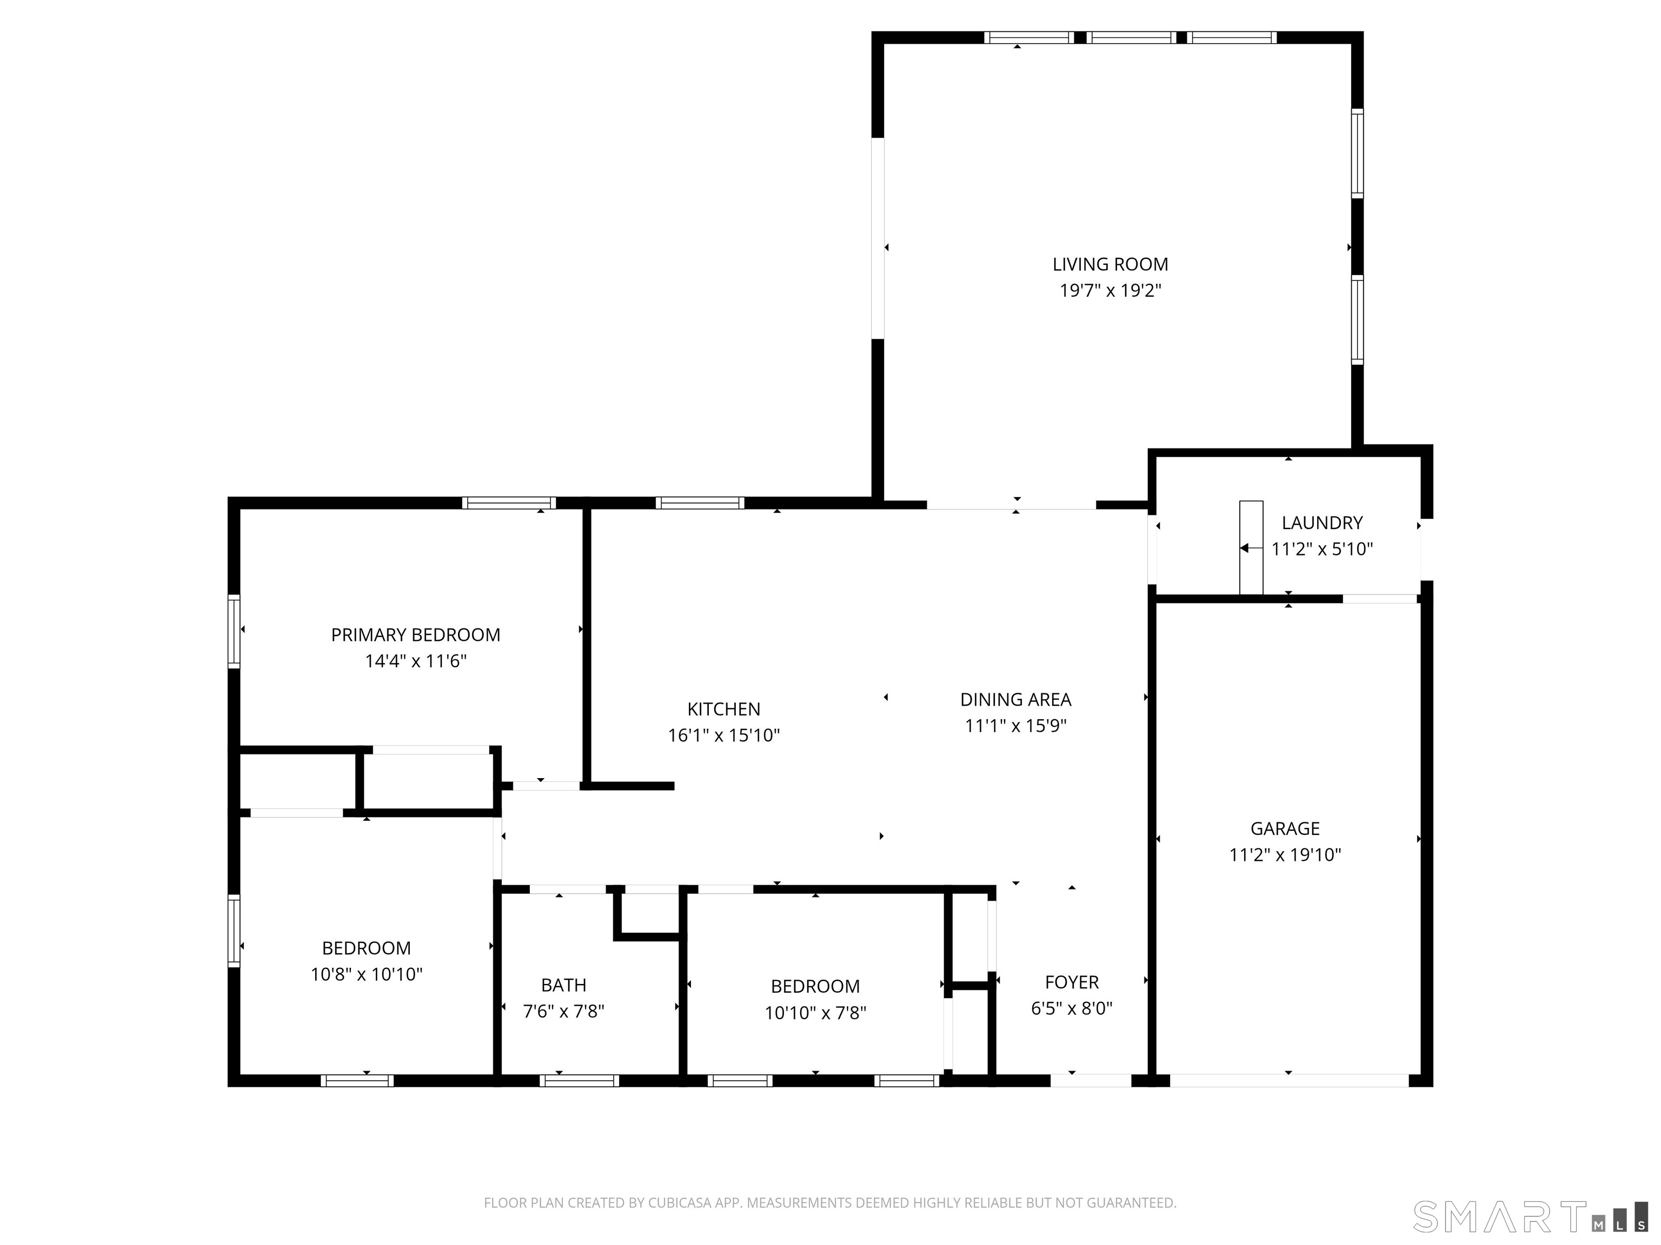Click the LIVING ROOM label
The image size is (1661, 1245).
pyautogui.click(x=1110, y=264)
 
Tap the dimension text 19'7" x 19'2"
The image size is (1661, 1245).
pyautogui.click(x=1110, y=290)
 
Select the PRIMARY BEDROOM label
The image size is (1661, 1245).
pyautogui.click(x=415, y=635)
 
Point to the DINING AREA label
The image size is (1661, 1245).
pyautogui.click(x=1015, y=699)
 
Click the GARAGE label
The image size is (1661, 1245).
pyautogui.click(x=1285, y=828)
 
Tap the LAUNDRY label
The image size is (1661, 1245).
pyautogui.click(x=1321, y=523)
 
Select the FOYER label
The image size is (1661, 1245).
pyautogui.click(x=1072, y=982)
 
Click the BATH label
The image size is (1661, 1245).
pyautogui.click(x=563, y=985)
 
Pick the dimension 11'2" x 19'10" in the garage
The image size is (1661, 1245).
pyautogui.click(x=1285, y=855)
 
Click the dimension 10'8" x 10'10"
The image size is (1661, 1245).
pyautogui.click(x=367, y=974)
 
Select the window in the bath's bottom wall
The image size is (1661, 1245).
pyautogui.click(x=579, y=1081)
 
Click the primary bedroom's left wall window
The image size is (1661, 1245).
pyautogui.click(x=234, y=631)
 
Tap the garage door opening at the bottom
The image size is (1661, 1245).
pyautogui.click(x=1288, y=1081)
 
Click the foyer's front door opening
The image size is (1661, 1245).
pyautogui.click(x=1091, y=1081)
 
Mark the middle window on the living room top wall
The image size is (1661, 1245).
pyautogui.click(x=1131, y=37)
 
